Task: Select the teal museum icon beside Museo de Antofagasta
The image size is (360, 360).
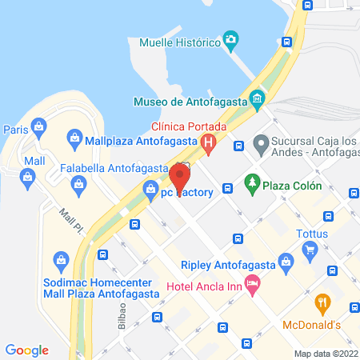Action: (258, 100)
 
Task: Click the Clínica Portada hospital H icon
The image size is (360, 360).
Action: (209, 145)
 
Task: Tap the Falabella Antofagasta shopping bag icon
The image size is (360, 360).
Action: (78, 186)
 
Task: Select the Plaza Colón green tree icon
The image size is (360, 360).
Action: (252, 182)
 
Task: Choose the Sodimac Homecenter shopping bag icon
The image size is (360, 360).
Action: (61, 259)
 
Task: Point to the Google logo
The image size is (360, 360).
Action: (27, 350)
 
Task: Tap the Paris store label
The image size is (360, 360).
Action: (15, 128)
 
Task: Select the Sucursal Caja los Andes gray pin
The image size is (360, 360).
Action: (260, 145)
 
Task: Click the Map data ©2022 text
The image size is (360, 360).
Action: (325, 353)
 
